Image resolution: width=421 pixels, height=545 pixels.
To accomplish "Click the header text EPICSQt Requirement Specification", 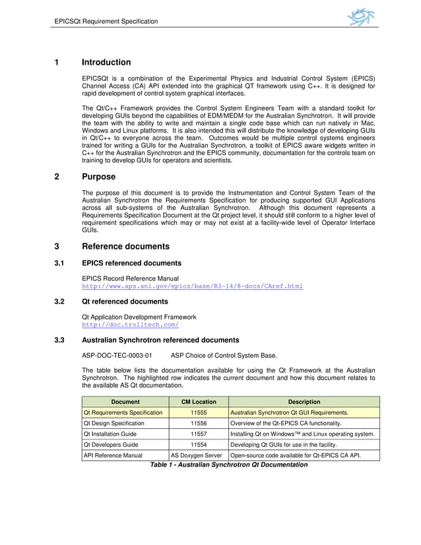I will (x=106, y=21).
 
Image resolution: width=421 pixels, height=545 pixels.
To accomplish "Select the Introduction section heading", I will (x=106, y=63).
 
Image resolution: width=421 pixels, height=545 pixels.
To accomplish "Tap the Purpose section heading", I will (x=98, y=177).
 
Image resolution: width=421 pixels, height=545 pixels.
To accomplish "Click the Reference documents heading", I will (x=125, y=247).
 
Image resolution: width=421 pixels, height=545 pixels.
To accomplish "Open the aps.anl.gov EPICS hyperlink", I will (x=191, y=286).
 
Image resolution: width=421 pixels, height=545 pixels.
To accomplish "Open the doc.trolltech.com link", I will (x=130, y=325).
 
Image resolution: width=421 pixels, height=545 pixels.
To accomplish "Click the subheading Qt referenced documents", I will (x=124, y=302).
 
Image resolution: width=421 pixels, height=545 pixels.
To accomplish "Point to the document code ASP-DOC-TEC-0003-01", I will (x=117, y=354).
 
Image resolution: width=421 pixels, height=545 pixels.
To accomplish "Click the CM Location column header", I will (x=199, y=402).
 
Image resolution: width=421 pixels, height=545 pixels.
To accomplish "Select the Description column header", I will (x=304, y=402).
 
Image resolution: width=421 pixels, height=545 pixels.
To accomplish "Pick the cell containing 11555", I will (x=199, y=412).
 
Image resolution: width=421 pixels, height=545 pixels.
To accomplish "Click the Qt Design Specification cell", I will (x=113, y=423).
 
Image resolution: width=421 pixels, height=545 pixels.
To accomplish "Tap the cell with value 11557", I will (x=199, y=434).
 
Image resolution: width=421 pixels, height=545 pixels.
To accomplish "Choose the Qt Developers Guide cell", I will (x=111, y=445).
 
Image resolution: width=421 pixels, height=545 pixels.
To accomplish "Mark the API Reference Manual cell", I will (x=113, y=455).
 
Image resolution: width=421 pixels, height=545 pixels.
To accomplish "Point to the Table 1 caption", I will (x=229, y=465).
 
